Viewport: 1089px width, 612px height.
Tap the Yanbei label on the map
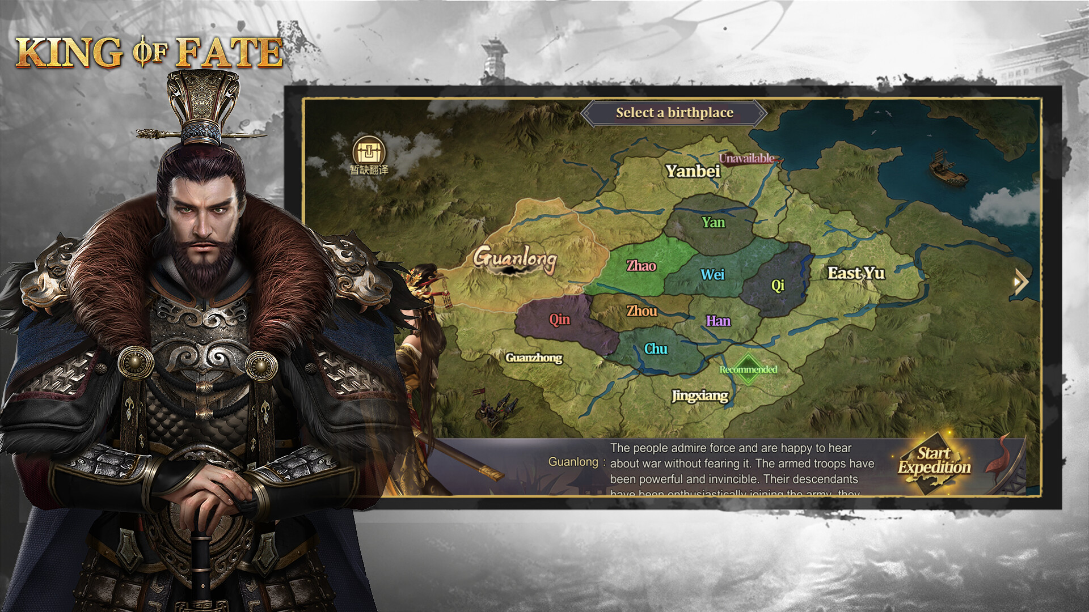pos(693,171)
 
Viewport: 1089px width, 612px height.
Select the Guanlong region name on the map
pos(515,259)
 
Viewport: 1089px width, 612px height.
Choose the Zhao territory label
pos(641,266)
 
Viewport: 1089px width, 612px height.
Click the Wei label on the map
pos(712,275)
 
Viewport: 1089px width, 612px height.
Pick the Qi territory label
pos(778,285)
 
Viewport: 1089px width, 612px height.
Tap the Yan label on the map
pos(713,222)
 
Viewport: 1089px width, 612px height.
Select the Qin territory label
pos(559,320)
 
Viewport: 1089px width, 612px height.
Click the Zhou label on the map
pos(641,311)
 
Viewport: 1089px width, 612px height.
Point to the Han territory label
pos(718,321)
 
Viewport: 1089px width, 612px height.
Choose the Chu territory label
pos(656,349)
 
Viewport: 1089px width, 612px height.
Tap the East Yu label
pos(856,273)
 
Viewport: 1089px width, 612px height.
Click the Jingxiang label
pos(699,396)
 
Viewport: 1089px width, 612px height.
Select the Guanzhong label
pos(534,358)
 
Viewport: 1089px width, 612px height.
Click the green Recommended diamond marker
pos(748,369)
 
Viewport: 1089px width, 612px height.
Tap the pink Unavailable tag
pos(746,158)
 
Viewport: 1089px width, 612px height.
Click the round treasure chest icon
pos(369,152)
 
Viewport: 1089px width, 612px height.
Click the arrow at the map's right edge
pos(1021,282)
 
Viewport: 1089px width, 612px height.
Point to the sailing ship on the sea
pos(948,168)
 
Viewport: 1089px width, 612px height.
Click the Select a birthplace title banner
pos(674,113)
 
